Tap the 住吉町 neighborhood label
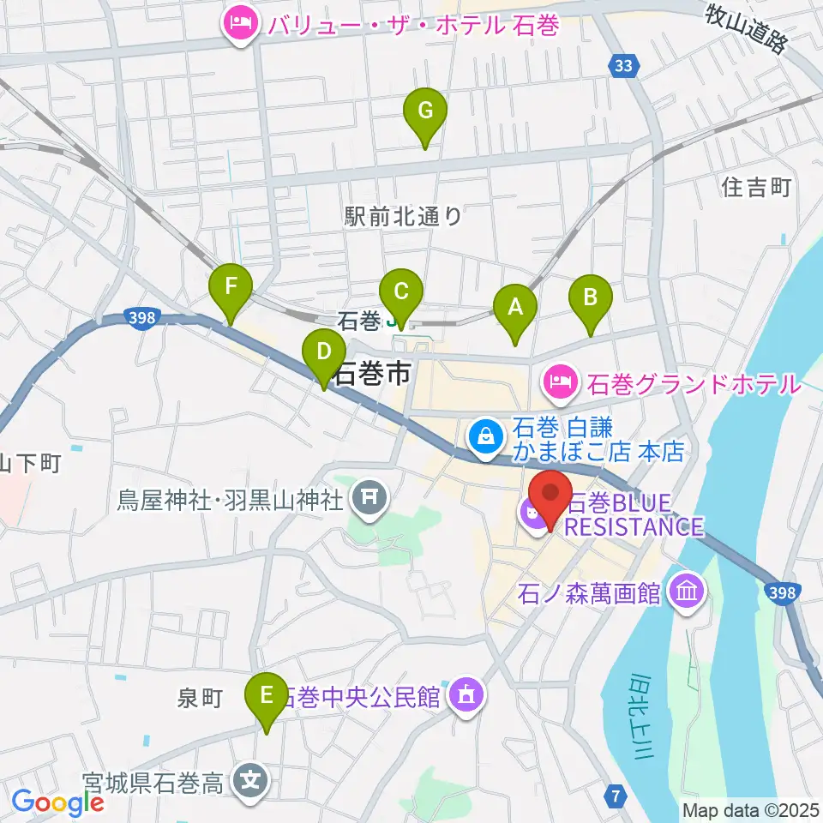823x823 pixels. [756, 187]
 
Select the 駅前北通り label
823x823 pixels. [403, 216]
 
